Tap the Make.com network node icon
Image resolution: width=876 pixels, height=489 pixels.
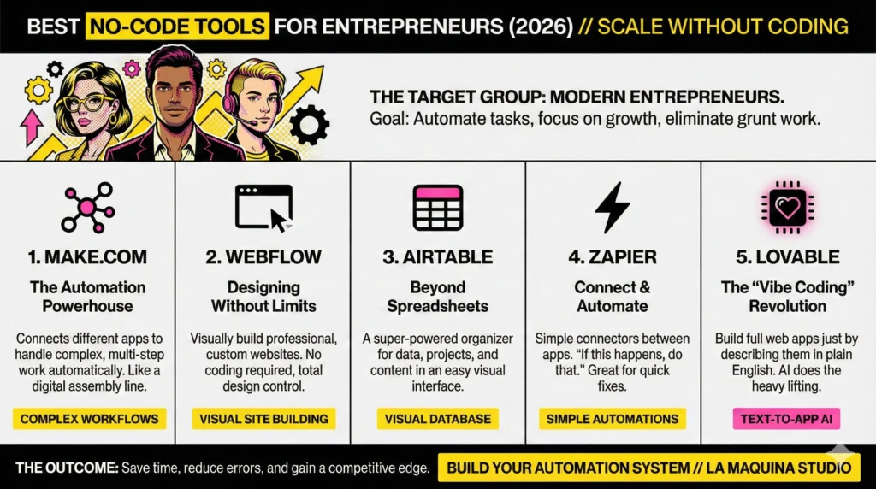click(x=87, y=208)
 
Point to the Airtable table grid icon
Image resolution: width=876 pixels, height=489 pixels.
click(x=437, y=208)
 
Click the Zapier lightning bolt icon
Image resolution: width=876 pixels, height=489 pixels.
click(x=613, y=208)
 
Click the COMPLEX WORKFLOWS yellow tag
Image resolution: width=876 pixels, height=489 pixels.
click(x=88, y=419)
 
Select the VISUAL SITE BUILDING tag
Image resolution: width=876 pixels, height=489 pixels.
click(x=263, y=419)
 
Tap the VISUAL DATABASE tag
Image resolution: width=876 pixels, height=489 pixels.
click(x=437, y=419)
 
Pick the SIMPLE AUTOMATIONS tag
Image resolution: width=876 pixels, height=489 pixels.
click(x=613, y=419)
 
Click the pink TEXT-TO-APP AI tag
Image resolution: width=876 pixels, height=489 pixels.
click(x=786, y=419)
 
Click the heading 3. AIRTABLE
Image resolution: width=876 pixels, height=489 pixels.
click(x=437, y=256)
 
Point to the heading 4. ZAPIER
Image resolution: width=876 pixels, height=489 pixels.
click(x=613, y=256)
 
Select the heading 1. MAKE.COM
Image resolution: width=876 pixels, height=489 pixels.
click(x=88, y=256)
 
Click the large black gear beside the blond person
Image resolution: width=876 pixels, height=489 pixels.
click(x=308, y=127)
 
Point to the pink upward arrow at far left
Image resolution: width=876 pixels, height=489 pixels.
click(x=32, y=128)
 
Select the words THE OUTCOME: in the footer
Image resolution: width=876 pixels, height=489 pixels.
click(x=65, y=468)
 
